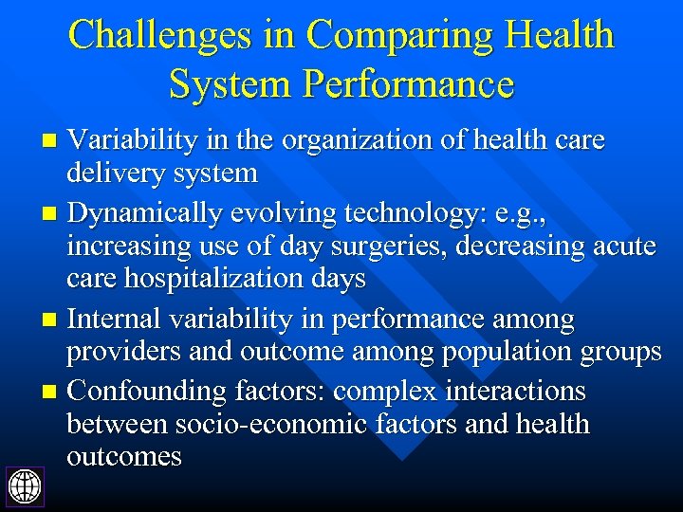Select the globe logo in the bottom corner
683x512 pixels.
pos(25,486)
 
